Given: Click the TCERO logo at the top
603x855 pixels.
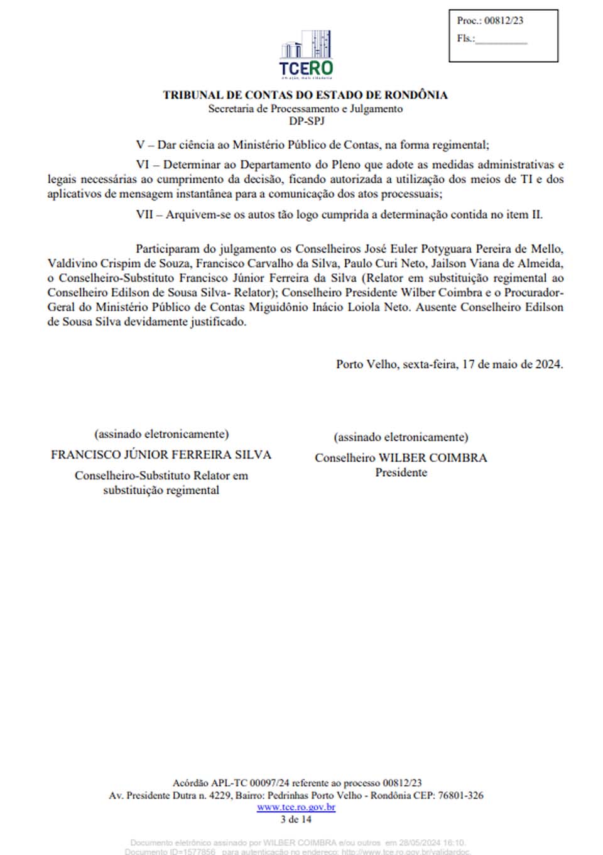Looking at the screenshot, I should coord(306,54).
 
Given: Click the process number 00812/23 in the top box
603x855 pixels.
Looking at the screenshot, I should coord(503,21).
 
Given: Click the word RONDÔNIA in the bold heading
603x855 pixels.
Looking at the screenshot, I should coord(416,95).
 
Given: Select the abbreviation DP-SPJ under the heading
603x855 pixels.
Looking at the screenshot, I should coord(306,121).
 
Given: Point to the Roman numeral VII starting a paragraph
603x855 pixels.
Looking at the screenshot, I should coord(144,214).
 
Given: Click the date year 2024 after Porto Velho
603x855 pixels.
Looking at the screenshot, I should coord(548,364).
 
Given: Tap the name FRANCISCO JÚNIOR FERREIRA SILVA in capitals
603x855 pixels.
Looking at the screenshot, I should coord(161,454).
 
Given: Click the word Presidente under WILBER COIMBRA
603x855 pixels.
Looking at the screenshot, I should coord(401,472).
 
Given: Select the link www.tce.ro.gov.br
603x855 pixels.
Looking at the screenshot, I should coord(296,807).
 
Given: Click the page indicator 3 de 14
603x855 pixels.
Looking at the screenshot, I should coord(296,819).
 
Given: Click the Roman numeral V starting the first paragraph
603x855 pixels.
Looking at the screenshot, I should coord(140,144).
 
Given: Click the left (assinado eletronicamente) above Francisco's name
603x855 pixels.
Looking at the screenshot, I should coord(161,434).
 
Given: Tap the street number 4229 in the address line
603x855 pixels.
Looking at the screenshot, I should coord(220,795).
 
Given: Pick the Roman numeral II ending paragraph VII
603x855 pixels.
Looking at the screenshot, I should coord(536,214).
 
